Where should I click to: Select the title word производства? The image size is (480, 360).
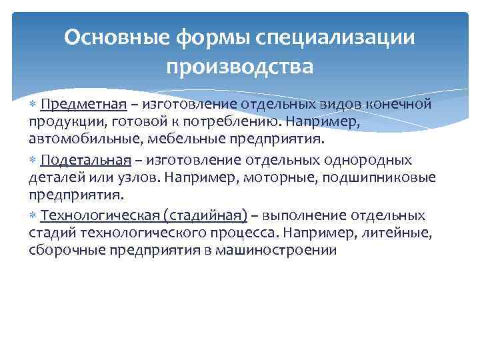point(239,67)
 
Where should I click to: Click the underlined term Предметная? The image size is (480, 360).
point(83,105)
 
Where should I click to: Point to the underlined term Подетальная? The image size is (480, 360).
point(83,160)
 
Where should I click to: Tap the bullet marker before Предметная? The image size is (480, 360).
point(33,105)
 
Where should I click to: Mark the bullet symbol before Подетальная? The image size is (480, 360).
point(33,160)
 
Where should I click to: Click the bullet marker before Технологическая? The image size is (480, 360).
point(33,215)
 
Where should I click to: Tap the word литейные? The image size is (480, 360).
point(397,233)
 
